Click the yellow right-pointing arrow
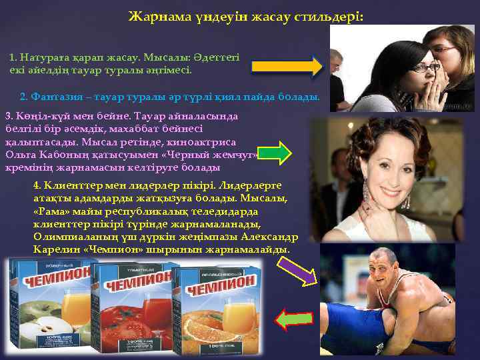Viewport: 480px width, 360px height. pyautogui.click(x=287, y=66)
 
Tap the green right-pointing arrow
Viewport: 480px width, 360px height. pyautogui.click(x=274, y=153)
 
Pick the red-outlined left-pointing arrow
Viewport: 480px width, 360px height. pyautogui.click(x=294, y=319)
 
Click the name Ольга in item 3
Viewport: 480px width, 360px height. pyautogui.click(x=19, y=155)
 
